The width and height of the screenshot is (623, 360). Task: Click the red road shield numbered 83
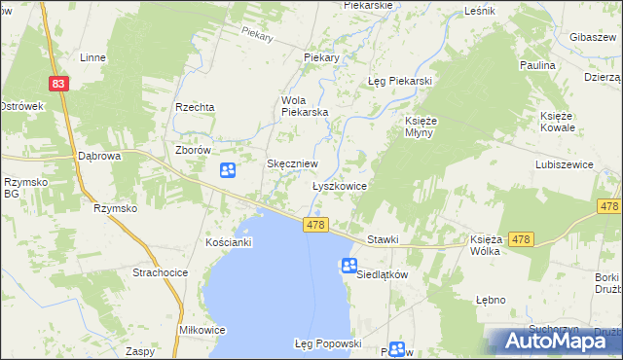[60, 85]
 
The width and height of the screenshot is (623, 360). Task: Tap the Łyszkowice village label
[339, 185]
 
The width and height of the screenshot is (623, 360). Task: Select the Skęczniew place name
[293, 164]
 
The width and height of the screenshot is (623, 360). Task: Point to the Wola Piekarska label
[305, 106]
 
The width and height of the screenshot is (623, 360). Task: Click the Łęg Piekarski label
[399, 81]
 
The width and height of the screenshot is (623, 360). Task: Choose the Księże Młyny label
[423, 126]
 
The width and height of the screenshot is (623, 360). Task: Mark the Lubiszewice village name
[564, 165]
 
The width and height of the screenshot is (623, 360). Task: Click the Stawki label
[384, 239]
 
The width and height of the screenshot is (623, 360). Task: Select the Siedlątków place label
[381, 274]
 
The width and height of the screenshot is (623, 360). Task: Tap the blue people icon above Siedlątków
[349, 266]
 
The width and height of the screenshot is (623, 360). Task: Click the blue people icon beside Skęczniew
[227, 171]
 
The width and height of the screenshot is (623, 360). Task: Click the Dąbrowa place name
[98, 156]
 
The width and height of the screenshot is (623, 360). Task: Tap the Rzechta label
[195, 107]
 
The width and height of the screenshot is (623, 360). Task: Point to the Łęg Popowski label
[328, 343]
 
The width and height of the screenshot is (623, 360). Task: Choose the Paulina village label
[537, 65]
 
